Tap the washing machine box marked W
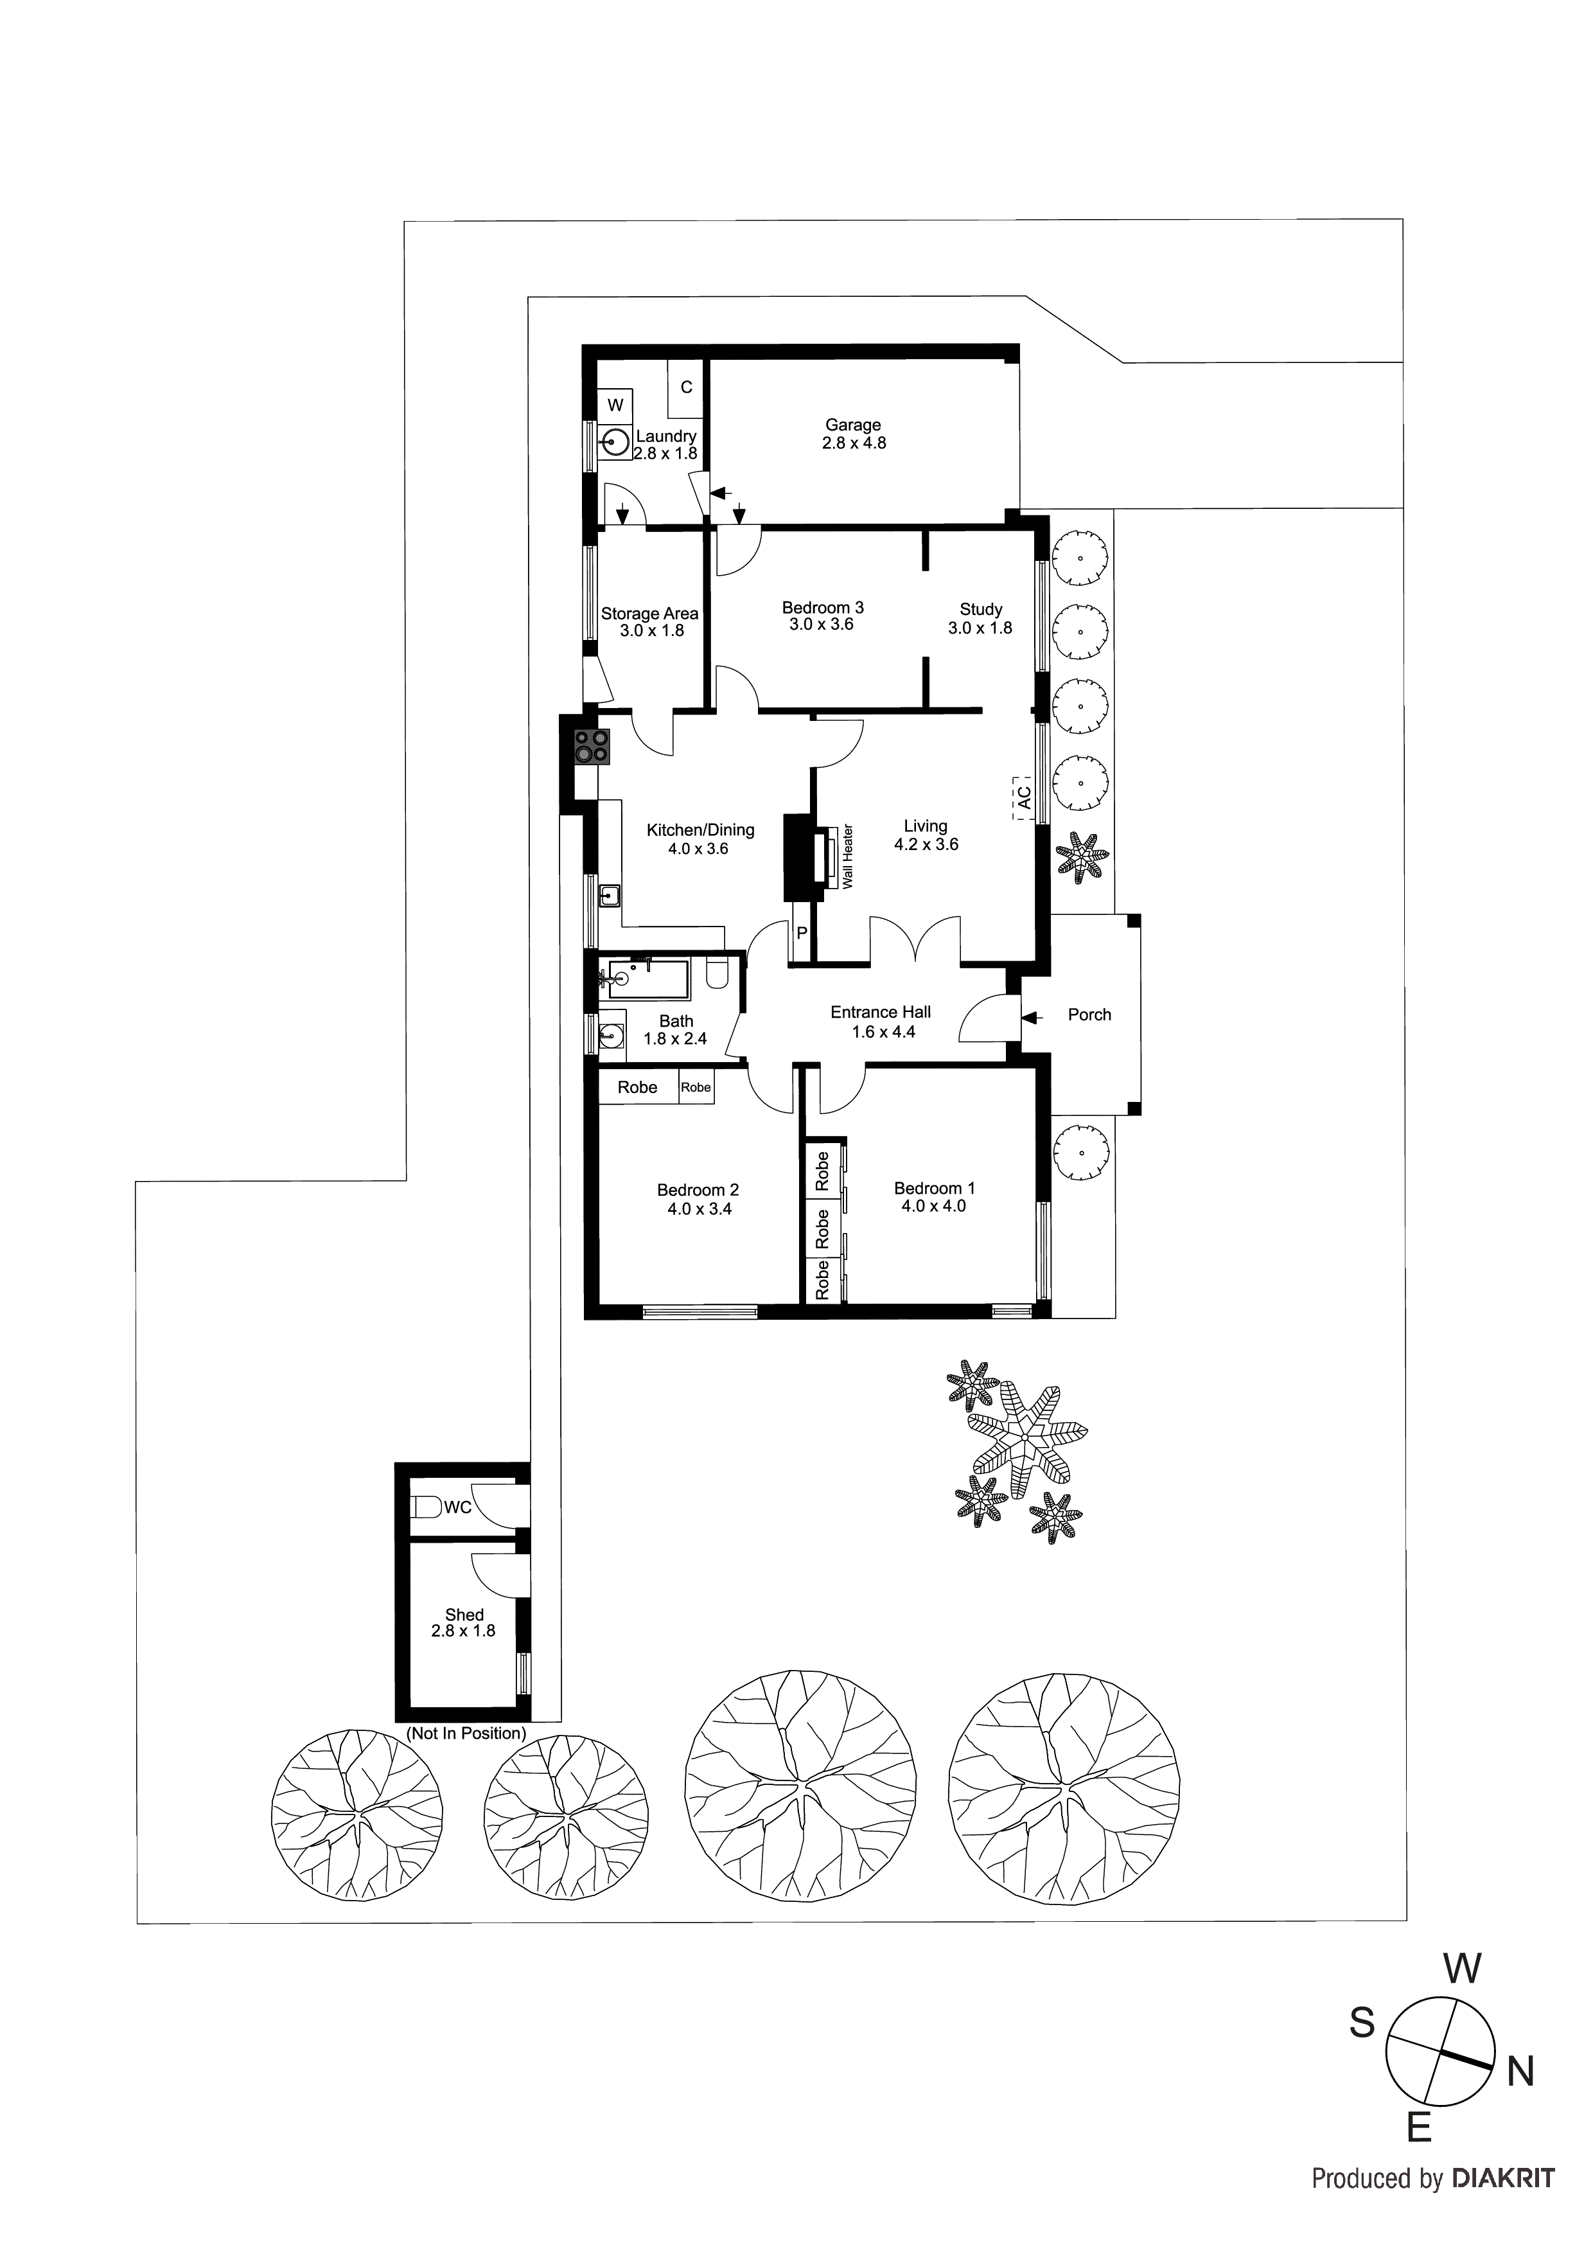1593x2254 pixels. [x=615, y=404]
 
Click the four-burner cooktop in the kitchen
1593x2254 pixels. [x=592, y=747]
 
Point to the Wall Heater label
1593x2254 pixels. [x=848, y=856]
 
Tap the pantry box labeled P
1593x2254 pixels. [x=801, y=932]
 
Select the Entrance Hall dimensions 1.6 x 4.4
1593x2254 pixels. [x=883, y=1032]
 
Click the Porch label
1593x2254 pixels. [x=1089, y=1014]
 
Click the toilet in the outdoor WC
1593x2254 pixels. [x=425, y=1506]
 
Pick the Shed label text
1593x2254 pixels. [x=464, y=1614]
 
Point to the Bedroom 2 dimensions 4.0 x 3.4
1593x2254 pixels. [x=699, y=1209]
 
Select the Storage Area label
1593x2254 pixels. [x=650, y=614]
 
